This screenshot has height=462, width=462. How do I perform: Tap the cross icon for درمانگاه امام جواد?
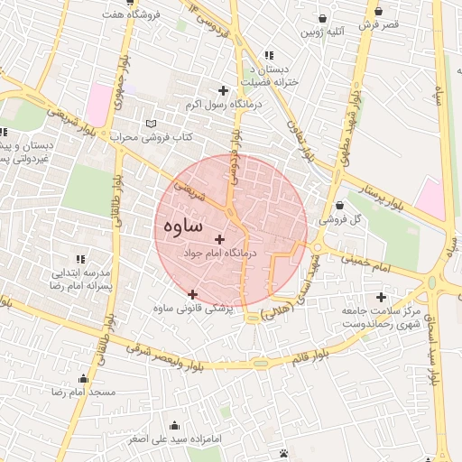tap(220, 239)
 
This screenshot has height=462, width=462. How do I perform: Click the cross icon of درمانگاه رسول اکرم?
tap(223, 89)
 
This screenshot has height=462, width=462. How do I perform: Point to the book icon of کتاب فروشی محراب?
tap(151, 124)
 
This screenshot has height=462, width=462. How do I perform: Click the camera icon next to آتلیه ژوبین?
tap(321, 18)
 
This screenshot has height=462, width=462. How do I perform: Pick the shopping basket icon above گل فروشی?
tap(338, 206)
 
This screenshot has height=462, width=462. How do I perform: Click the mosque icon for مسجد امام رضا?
tap(83, 379)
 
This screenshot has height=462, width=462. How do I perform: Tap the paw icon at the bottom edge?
tap(284, 452)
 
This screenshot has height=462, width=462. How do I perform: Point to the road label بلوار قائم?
tap(310, 353)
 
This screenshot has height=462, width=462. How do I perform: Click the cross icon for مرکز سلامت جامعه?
tap(381, 297)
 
